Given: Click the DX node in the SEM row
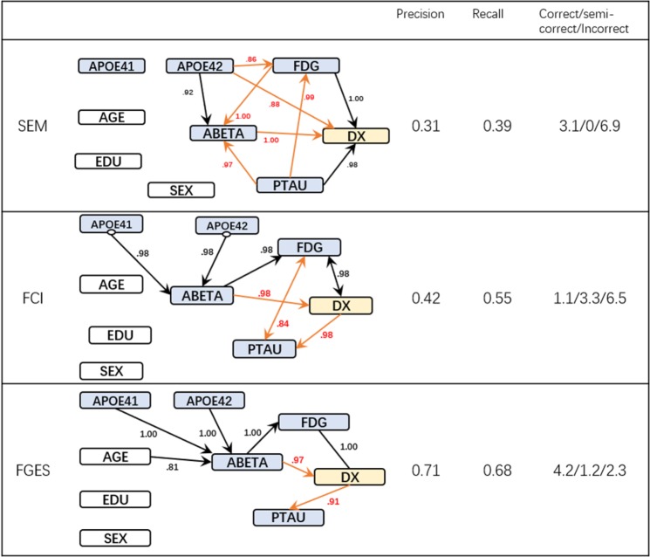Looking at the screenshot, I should pos(355,136).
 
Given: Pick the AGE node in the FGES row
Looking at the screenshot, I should pos(113,456).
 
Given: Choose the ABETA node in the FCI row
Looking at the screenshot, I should pos(202,296).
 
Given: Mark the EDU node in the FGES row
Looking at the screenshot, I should pos(113,499).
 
